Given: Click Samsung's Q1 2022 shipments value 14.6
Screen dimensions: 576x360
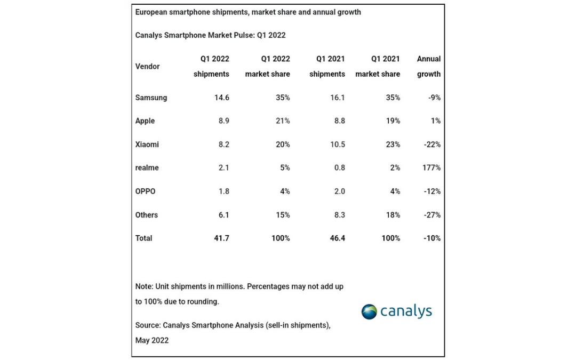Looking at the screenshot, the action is point(222,98).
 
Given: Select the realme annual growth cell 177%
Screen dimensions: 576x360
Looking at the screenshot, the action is point(431,168).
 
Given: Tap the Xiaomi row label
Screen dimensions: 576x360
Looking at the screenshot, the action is point(147,145).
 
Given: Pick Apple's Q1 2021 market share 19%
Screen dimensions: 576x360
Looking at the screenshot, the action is point(393,121).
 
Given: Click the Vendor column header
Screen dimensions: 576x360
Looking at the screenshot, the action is point(147,67).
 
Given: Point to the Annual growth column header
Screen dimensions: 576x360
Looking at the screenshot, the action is point(429,67).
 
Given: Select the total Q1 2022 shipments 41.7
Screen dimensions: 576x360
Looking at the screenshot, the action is point(221,238).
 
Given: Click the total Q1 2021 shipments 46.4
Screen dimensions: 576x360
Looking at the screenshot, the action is point(337,238).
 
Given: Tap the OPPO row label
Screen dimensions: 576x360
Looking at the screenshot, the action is point(145,191).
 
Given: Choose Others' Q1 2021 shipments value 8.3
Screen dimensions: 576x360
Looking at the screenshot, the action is point(339,215).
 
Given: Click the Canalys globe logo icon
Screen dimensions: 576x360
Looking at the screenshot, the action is point(369,312).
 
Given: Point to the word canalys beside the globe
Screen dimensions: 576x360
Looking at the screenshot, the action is point(406,311).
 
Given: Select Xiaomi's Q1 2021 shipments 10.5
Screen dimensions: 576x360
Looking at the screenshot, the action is point(338,145).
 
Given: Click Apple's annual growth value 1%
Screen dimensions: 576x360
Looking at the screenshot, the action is point(436,121).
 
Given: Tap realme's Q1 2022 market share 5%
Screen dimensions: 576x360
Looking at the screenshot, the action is point(285,168).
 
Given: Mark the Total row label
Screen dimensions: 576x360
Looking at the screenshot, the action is point(143,238).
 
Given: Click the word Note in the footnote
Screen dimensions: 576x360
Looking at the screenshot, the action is point(143,286).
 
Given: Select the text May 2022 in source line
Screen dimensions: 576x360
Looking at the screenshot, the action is point(151,340).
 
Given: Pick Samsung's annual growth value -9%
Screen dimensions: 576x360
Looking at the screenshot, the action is point(434,98).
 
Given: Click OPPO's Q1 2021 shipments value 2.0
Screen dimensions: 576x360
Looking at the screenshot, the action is point(339,191).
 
